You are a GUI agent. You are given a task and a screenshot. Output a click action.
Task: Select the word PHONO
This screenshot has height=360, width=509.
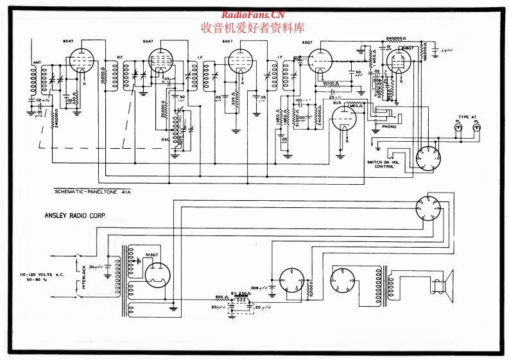pyautogui.click(x=390, y=126)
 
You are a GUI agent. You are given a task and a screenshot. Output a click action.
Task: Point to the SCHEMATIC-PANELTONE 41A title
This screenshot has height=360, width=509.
pyautogui.click(x=94, y=192)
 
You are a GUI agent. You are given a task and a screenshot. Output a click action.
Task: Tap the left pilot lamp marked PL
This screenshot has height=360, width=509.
pyautogui.click(x=458, y=128)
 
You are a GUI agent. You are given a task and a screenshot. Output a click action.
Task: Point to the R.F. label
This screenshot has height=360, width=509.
pyautogui.click(x=120, y=57)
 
